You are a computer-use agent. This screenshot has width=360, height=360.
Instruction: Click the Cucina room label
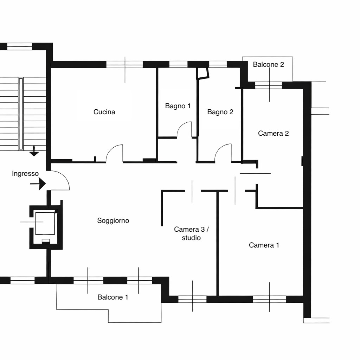[104, 112]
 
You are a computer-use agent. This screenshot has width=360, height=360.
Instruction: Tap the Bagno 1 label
[178, 106]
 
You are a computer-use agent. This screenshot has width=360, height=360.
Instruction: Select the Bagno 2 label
[220, 112]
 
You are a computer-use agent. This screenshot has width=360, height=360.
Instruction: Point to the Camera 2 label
[273, 133]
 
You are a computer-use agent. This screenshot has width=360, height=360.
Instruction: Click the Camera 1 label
[264, 245]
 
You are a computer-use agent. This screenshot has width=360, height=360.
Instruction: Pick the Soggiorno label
[113, 220]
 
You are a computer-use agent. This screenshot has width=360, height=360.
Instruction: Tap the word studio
[191, 238]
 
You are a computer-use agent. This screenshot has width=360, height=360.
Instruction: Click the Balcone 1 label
[113, 297]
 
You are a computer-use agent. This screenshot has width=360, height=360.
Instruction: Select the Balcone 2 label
[268, 64]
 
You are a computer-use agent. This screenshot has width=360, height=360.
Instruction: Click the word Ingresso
[25, 174]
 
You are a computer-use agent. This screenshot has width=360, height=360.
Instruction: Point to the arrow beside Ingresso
[38, 184]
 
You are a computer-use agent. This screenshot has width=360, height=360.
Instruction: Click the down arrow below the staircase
[34, 151]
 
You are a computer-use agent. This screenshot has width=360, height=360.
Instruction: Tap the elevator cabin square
[45, 223]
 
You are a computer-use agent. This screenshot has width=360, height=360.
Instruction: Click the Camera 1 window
[270, 299]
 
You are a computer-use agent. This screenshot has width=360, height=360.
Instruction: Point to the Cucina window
[125, 65]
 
